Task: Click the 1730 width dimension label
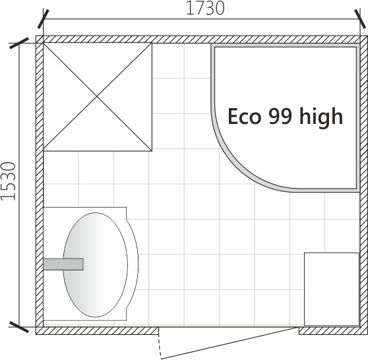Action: pos(205,8)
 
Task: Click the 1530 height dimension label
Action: pos(8,181)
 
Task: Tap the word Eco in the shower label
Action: pos(244,117)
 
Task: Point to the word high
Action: pos(321,117)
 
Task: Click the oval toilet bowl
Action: pos(95,264)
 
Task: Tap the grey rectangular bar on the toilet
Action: pos(63,264)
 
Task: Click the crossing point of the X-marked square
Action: pos(97,96)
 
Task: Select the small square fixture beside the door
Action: pos(332,289)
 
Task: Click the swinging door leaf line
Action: pos(230,343)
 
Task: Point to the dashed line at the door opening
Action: pos(160,343)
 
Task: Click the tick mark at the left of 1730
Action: pos(44,19)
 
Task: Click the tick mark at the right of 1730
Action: pos(360,19)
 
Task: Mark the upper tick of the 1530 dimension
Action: pos(19,43)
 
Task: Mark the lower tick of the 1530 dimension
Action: pos(19,327)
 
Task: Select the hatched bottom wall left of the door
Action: pos(97,331)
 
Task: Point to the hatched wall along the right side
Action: pos(364,185)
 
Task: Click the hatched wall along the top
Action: pos(202,39)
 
